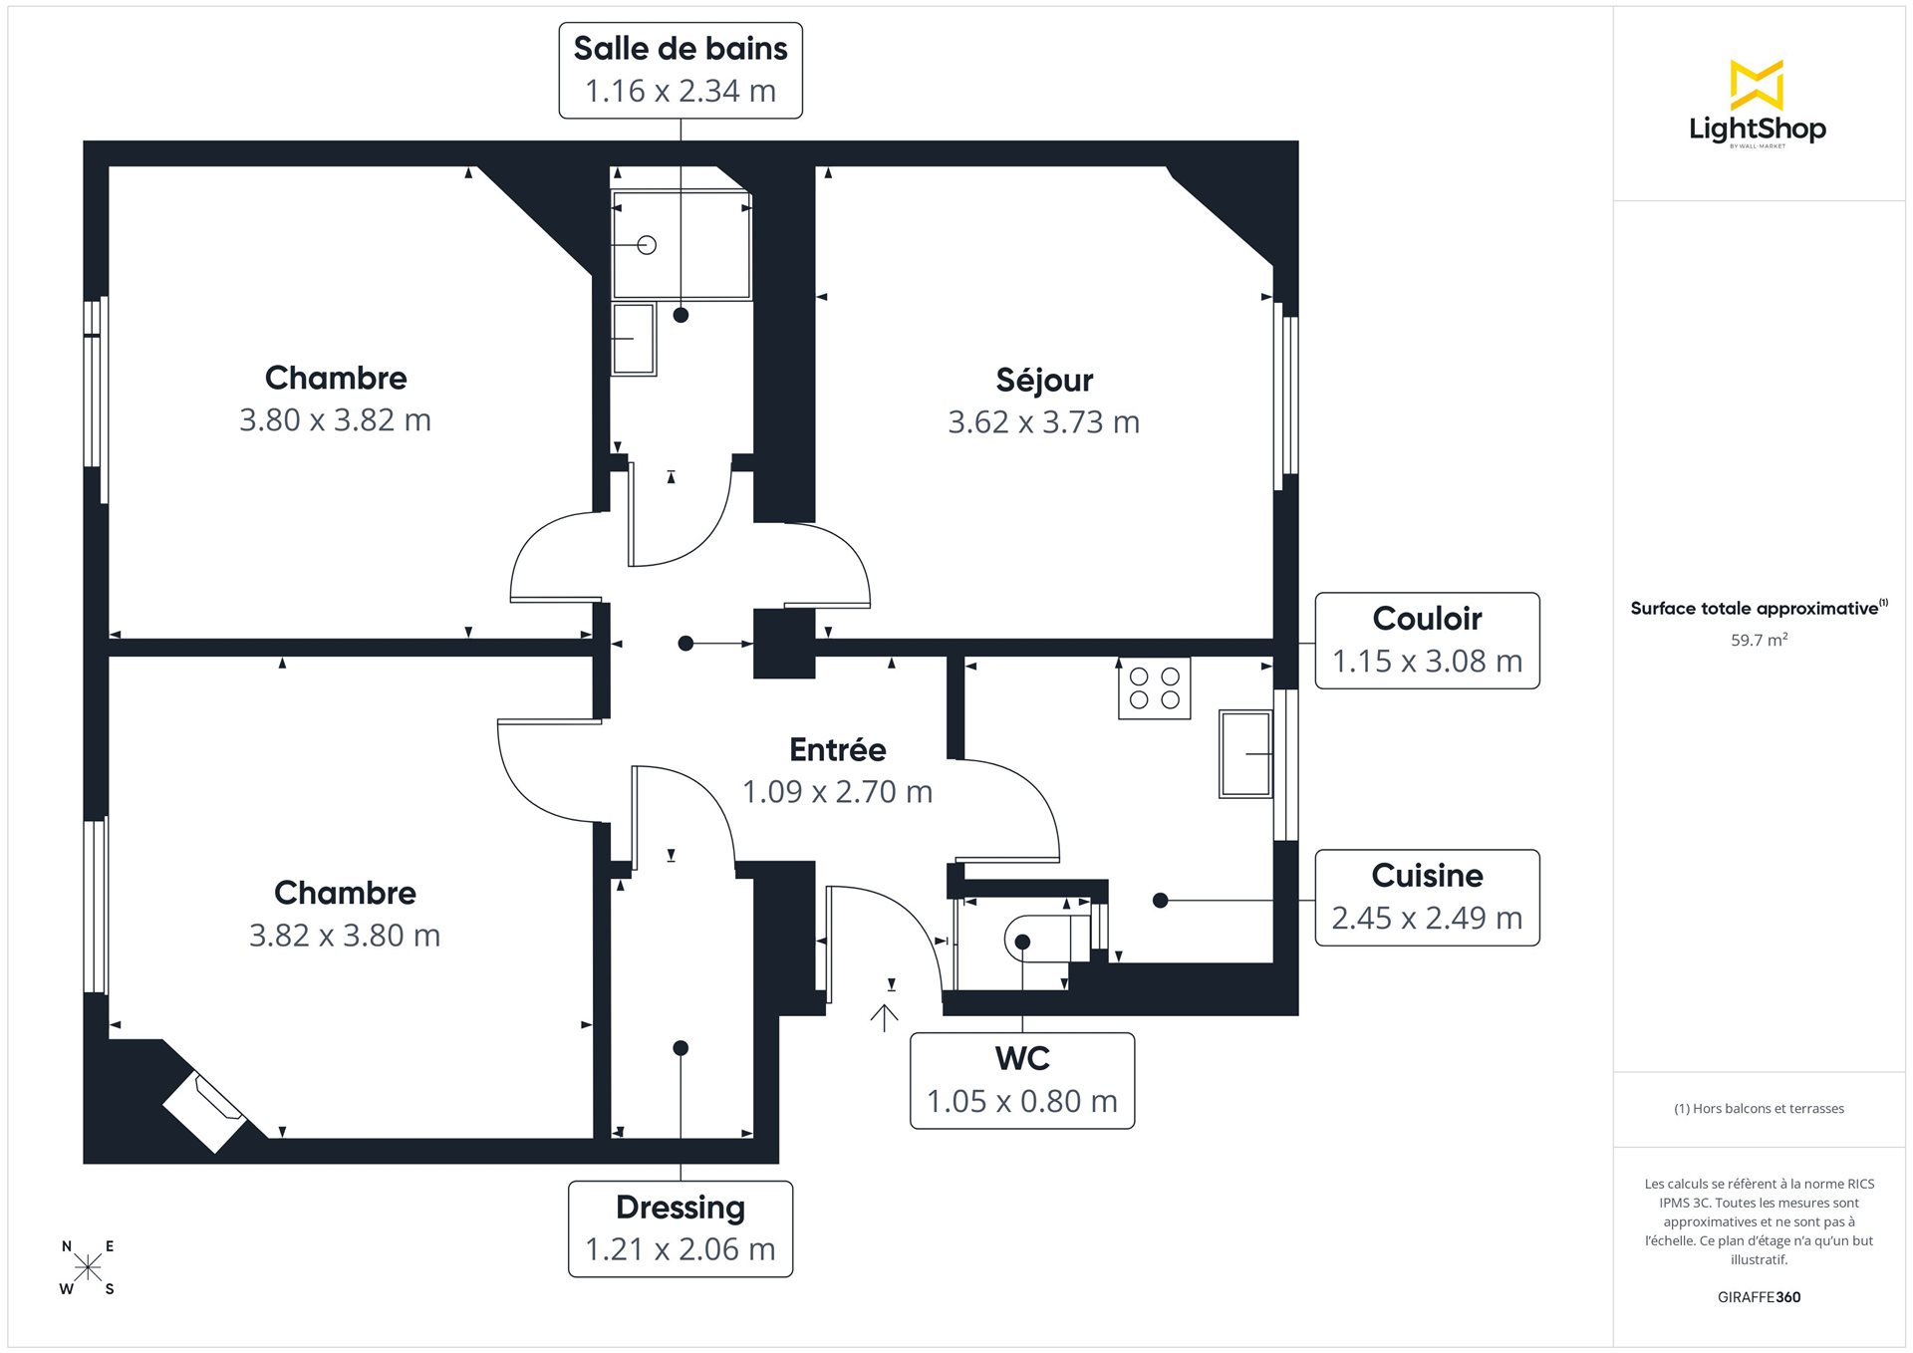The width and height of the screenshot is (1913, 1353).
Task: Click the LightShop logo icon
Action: coord(1757,85)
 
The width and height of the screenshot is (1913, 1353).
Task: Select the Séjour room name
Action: coord(1044,380)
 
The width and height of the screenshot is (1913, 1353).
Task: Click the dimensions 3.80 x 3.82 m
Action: coord(335,420)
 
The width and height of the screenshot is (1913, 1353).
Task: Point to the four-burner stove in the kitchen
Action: coord(1154,688)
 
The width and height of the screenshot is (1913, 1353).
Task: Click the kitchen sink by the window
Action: coord(1245,754)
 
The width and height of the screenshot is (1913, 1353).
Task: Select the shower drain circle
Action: coord(647,245)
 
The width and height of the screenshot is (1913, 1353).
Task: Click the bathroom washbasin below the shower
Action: coord(634,340)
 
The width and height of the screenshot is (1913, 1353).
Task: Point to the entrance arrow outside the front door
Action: coord(884,1017)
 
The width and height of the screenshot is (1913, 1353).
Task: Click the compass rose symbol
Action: coord(88,1267)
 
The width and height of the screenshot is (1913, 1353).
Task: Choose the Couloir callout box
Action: coord(1427,641)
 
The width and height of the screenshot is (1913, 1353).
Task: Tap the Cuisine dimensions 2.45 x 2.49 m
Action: coord(1427,918)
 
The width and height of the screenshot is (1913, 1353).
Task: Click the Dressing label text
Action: coord(681,1208)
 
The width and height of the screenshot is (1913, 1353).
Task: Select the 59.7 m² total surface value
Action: coord(1759,640)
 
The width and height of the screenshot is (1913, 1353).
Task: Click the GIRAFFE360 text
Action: coord(1759,1297)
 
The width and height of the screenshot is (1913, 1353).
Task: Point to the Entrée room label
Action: coord(837,749)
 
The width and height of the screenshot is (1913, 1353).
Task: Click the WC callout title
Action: coord(1022,1058)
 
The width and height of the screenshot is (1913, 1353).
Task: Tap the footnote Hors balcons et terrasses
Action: coord(1759,1108)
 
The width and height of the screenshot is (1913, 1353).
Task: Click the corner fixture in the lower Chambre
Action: coord(204,1111)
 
